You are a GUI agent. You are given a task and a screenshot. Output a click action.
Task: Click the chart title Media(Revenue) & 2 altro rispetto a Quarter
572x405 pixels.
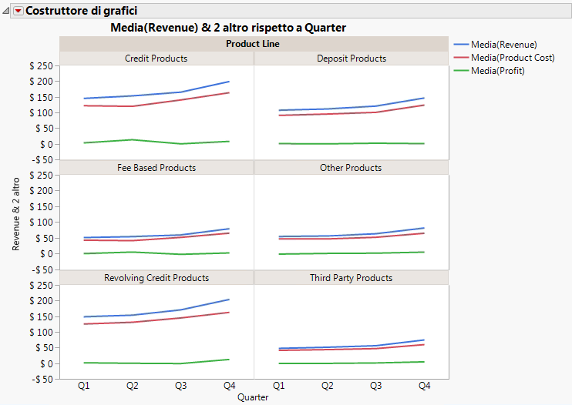click(x=228, y=28)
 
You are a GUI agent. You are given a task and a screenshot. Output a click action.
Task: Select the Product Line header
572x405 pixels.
click(x=253, y=44)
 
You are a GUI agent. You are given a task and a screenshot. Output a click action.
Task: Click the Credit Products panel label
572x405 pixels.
click(x=156, y=59)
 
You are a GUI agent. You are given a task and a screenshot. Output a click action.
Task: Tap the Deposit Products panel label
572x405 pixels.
click(x=352, y=59)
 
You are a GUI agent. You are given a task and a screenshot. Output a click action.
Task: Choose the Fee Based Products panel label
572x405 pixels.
click(x=156, y=168)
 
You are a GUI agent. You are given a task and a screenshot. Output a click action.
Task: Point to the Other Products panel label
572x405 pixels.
click(x=351, y=168)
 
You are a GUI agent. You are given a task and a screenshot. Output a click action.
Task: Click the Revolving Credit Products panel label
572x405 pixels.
click(x=156, y=278)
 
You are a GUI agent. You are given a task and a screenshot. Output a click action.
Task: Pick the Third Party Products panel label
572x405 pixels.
click(x=351, y=278)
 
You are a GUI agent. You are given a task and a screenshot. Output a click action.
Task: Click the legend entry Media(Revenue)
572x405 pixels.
click(x=503, y=45)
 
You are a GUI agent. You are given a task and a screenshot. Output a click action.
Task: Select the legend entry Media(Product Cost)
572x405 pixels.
click(x=513, y=58)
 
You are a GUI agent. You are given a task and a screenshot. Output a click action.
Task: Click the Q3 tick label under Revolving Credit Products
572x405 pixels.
click(x=181, y=385)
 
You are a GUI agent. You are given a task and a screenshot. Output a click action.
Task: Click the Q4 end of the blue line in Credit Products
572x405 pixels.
click(x=229, y=82)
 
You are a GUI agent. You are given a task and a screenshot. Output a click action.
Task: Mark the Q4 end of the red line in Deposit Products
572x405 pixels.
click(x=424, y=105)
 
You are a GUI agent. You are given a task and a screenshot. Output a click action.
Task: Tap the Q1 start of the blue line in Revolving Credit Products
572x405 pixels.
click(x=84, y=316)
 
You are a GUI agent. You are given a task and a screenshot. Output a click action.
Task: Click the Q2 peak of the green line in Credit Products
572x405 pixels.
click(x=133, y=139)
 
